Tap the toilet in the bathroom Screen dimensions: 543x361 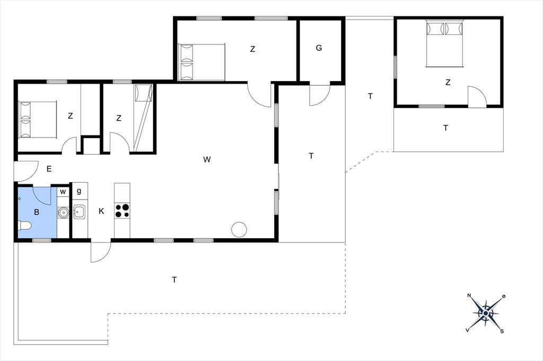point(24,226)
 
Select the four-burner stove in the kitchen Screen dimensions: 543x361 point(122,211)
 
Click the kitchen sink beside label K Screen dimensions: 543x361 point(80,211)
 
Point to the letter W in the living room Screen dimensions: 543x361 point(207,159)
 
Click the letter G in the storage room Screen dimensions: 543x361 point(319,48)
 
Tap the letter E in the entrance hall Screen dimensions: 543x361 point(49,169)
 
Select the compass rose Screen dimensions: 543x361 point(486,313)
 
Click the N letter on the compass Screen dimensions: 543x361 point(469,295)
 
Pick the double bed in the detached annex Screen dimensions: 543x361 point(445,44)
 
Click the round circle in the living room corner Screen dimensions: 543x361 point(239,229)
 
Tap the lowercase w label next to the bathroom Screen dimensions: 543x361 point(63,191)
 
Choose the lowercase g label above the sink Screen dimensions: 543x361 point(79,191)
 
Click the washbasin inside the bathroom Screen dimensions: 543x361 point(63,212)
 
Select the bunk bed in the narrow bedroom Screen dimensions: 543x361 point(143,118)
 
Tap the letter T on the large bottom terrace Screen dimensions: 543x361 point(174,279)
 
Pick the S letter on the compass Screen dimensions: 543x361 point(502,331)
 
